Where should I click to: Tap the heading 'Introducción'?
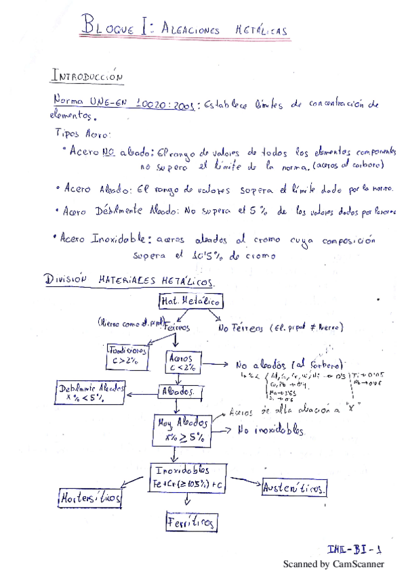pyautogui.click(x=87, y=76)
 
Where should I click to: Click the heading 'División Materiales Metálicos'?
pyautogui.click(x=129, y=280)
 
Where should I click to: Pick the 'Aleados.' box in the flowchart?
pyautogui.click(x=178, y=392)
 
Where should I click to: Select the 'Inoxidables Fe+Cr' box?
pyautogui.click(x=190, y=476)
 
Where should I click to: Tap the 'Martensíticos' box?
pyautogui.click(x=91, y=498)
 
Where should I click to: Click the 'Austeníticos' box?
pyautogui.click(x=294, y=487)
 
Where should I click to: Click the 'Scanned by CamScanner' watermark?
pyautogui.click(x=333, y=564)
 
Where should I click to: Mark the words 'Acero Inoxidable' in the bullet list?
pyautogui.click(x=106, y=238)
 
